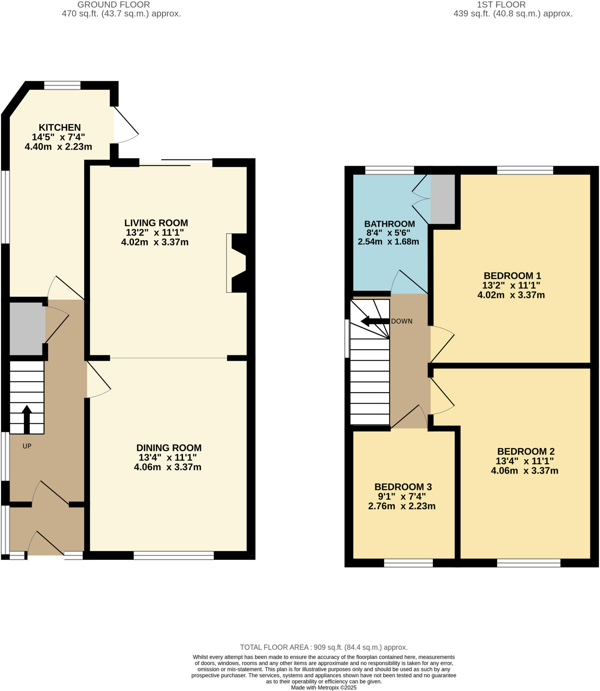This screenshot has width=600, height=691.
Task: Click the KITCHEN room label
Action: [59, 128]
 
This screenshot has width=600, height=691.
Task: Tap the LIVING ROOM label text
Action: [156, 223]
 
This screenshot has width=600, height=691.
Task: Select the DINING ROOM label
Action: [169, 448]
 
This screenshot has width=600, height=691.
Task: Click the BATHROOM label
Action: [389, 224]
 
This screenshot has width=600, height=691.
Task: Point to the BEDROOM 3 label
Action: [403, 487]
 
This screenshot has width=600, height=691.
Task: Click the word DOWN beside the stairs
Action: [401, 321]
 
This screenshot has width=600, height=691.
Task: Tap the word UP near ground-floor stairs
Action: [27, 446]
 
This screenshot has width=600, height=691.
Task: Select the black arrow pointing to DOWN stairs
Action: [374, 321]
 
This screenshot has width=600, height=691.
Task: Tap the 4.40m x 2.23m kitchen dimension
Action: [58, 147]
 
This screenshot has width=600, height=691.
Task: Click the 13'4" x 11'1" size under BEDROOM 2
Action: [524, 461]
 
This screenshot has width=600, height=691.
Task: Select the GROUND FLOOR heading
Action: [113, 5]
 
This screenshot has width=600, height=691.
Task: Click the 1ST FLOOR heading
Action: [501, 5]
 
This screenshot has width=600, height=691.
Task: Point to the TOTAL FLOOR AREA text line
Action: [323, 647]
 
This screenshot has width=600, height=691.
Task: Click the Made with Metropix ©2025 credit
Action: [323, 688]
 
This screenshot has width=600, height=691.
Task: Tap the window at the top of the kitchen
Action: [62, 85]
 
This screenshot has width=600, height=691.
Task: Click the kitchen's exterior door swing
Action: [126, 125]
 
